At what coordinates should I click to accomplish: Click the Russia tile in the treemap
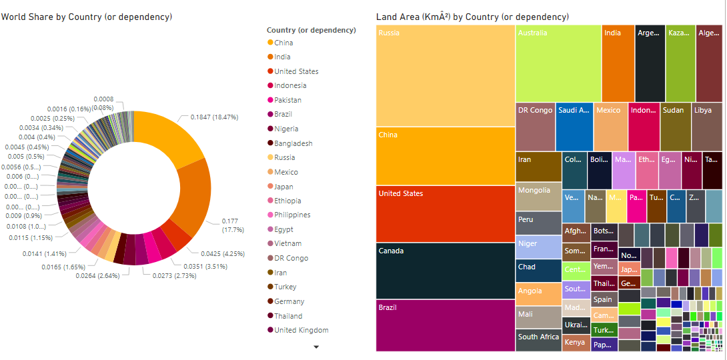[x=445, y=75]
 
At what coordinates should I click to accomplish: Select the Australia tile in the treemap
[x=558, y=63]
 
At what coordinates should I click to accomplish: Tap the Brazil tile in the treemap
[x=445, y=325]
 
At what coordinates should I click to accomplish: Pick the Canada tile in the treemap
[x=445, y=271]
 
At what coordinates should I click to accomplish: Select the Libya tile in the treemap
[x=707, y=127]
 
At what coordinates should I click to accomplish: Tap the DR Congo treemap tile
[x=535, y=127]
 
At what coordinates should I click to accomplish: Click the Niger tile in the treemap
[x=538, y=247]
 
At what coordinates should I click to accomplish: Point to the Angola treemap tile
[x=538, y=294]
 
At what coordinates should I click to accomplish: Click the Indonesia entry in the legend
[x=290, y=85]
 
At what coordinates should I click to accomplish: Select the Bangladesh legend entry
[x=293, y=143]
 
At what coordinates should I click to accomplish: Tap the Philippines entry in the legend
[x=292, y=215]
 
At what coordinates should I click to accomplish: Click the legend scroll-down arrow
[x=316, y=347]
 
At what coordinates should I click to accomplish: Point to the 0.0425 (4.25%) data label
[x=223, y=253]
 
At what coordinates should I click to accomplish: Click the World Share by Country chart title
[x=86, y=17]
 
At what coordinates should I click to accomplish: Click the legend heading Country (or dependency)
[x=311, y=30]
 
